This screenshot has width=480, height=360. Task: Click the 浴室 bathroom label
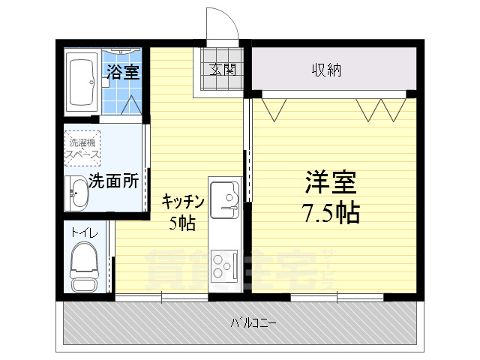(x=123, y=72)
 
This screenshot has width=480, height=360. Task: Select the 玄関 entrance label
(x=223, y=70)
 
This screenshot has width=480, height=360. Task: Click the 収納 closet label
(x=327, y=70)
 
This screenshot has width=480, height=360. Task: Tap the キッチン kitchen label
(x=184, y=200)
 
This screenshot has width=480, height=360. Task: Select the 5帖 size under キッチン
(x=183, y=223)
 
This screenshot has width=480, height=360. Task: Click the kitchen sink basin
(x=223, y=198)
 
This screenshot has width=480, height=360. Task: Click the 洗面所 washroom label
(x=113, y=181)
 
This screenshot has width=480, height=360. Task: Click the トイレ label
(x=83, y=233)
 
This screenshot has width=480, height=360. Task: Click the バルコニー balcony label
(x=253, y=324)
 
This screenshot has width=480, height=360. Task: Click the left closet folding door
(x=275, y=109)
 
